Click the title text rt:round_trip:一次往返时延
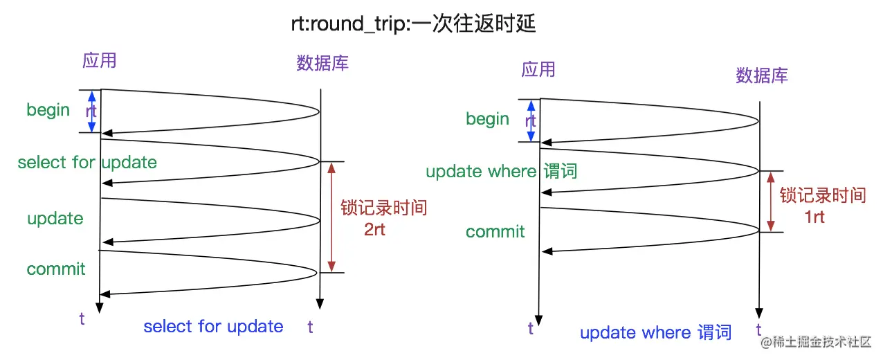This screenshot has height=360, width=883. pos(414,24)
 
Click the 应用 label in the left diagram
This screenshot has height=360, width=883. pos(99,61)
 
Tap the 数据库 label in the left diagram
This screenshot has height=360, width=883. pos(322,63)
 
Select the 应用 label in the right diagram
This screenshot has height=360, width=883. pos(538,69)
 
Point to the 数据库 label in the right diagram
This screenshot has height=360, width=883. pos(762,75)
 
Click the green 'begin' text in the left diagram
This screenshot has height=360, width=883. pos(48,110)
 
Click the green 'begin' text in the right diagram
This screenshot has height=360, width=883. pos(487,119)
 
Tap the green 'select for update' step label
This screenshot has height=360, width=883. pos(87,163)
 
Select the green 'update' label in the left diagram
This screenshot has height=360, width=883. pos(55,219)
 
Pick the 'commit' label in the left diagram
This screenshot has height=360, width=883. pos(56,269)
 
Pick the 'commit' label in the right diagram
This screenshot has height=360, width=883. pos(495,232)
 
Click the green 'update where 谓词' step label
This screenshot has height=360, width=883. pos(501,172)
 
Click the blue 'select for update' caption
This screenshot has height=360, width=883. pos(213,327)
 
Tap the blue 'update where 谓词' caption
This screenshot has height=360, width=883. pos(655,333)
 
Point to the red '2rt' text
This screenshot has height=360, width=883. pos(374,230)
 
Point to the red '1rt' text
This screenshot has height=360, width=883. pos(814,217)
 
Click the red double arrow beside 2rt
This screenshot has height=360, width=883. pos(331,217)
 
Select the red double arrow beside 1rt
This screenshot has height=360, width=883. pos(771,201)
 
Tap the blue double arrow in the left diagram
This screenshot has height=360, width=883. pos(89,111)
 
